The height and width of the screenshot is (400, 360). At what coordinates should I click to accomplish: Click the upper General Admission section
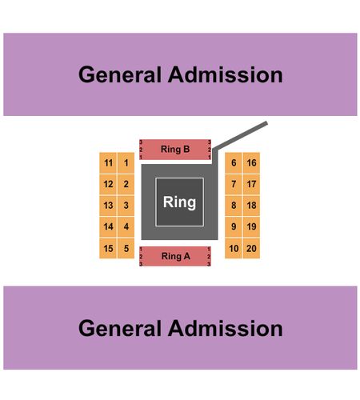point(180,74)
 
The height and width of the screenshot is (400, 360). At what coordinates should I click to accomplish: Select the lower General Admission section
point(180,328)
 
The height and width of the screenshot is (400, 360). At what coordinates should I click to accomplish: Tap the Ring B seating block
point(175,150)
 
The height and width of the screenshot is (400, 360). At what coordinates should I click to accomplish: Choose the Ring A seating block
point(175,256)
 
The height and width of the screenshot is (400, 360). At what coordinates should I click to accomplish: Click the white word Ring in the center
point(179,202)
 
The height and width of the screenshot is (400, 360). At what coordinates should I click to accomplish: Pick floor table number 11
point(108,163)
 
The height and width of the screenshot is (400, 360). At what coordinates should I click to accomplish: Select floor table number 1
point(126,163)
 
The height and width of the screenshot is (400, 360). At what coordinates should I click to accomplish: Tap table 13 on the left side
point(108,206)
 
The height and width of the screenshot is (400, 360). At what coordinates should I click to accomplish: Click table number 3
point(126,206)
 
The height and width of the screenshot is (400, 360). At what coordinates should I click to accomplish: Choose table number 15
point(108,249)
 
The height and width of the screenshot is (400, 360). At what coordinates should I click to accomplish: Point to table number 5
point(126,249)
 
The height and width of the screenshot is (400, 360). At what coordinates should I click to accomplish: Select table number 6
point(234,163)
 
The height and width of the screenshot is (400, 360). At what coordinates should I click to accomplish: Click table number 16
point(251,163)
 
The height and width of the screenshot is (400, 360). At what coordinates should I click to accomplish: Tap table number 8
point(234,206)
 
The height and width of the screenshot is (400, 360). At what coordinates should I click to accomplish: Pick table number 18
point(251,206)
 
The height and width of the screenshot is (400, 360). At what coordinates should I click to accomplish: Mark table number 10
point(234,249)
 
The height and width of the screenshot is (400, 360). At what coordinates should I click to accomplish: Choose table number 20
point(251,249)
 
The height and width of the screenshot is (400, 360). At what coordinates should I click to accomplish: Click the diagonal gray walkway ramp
point(241,135)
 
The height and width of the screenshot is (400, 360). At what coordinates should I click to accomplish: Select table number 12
point(108,184)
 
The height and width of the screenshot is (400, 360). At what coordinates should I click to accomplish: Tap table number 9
point(234,227)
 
